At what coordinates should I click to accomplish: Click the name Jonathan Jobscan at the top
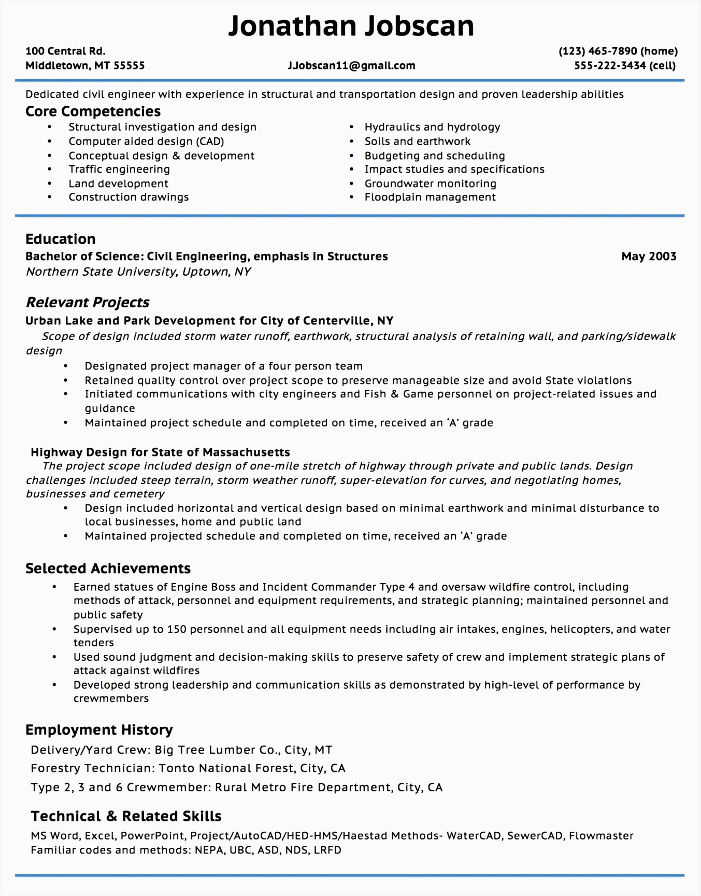(x=351, y=26)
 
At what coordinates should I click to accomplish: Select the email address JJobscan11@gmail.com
(x=351, y=66)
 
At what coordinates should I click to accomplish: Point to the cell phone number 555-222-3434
(x=610, y=66)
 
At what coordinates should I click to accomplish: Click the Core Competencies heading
(x=93, y=111)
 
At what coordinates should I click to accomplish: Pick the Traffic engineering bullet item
(x=119, y=169)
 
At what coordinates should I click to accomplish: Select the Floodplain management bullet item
(x=430, y=197)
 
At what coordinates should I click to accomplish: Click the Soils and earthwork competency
(x=418, y=141)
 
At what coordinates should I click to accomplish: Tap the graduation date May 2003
(x=649, y=257)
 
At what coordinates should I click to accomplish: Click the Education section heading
(x=61, y=239)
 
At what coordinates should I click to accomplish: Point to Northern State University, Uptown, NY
(x=138, y=272)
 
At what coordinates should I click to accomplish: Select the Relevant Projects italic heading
(x=88, y=303)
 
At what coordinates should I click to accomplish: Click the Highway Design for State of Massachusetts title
(x=160, y=452)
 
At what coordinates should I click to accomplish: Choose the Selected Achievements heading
(x=108, y=568)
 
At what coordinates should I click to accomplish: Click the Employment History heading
(x=99, y=730)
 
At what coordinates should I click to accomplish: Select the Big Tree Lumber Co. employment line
(x=181, y=750)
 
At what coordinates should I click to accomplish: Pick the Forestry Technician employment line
(x=188, y=769)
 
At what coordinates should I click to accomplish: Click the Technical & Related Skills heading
(x=126, y=817)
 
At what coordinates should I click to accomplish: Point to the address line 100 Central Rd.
(x=65, y=51)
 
